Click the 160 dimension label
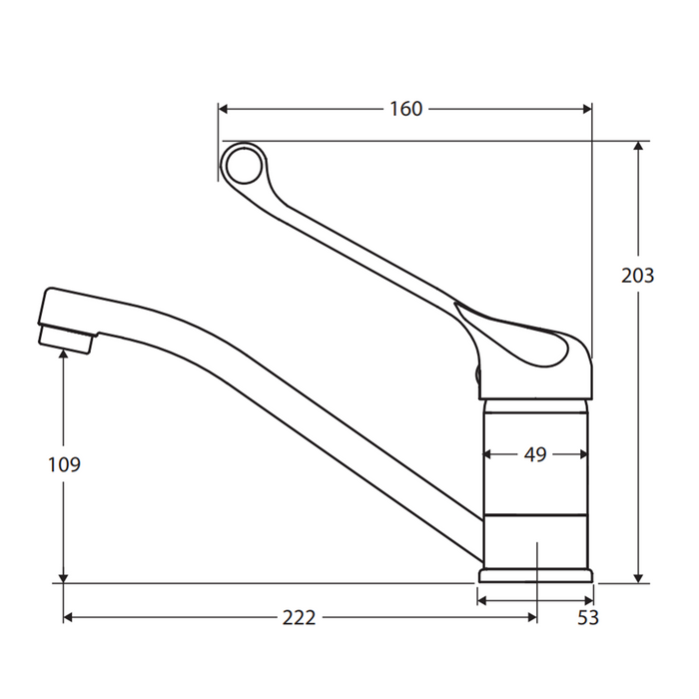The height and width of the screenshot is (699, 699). pyautogui.click(x=406, y=109)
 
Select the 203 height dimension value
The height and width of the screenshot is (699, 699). pyautogui.click(x=638, y=276)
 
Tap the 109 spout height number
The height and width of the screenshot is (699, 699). pyautogui.click(x=64, y=465)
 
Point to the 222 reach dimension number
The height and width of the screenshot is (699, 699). pyautogui.click(x=300, y=617)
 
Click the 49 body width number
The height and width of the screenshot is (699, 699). pyautogui.click(x=535, y=454)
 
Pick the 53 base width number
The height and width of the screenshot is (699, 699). pyautogui.click(x=588, y=618)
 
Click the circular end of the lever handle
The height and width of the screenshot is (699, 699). pyautogui.click(x=244, y=164)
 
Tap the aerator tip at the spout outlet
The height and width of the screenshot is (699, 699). pyautogui.click(x=67, y=340)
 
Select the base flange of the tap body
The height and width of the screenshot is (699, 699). pyautogui.click(x=535, y=575)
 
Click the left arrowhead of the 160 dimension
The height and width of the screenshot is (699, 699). pyautogui.click(x=223, y=109)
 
